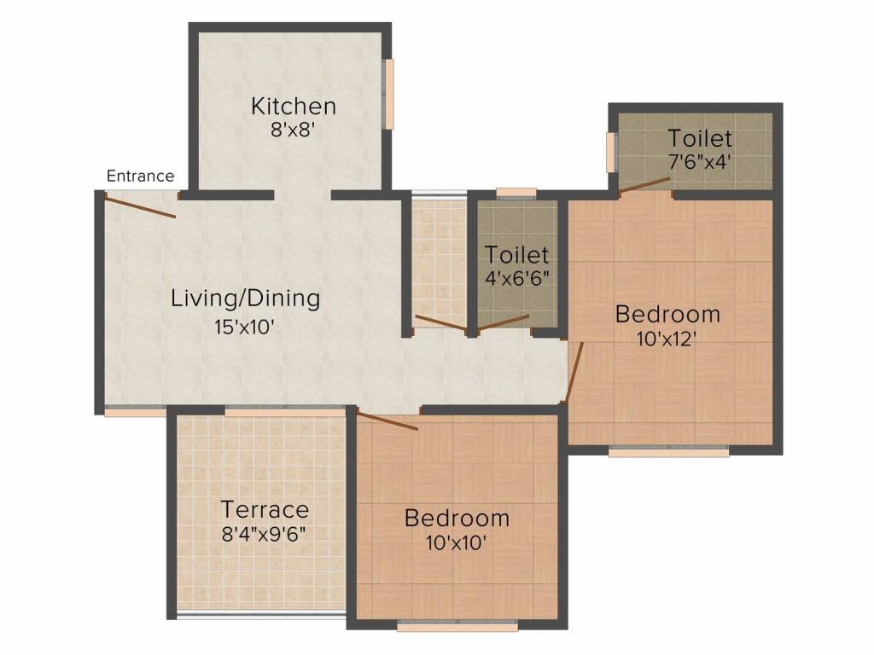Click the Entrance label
[140, 177]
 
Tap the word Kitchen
[293, 107]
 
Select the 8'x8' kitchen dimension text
[293, 130]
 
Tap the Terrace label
[265, 510]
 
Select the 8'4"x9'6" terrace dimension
[265, 534]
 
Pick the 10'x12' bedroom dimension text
[667, 338]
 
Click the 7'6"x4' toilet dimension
[700, 161]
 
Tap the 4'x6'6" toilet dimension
[517, 278]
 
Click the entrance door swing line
[140, 206]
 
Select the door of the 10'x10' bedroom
[387, 421]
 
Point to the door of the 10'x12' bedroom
[574, 372]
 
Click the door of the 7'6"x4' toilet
[645, 185]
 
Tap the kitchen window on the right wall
[389, 94]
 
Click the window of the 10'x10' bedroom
[457, 627]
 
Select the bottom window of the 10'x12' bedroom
[668, 452]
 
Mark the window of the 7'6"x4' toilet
[611, 152]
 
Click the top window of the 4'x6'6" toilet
[516, 193]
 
